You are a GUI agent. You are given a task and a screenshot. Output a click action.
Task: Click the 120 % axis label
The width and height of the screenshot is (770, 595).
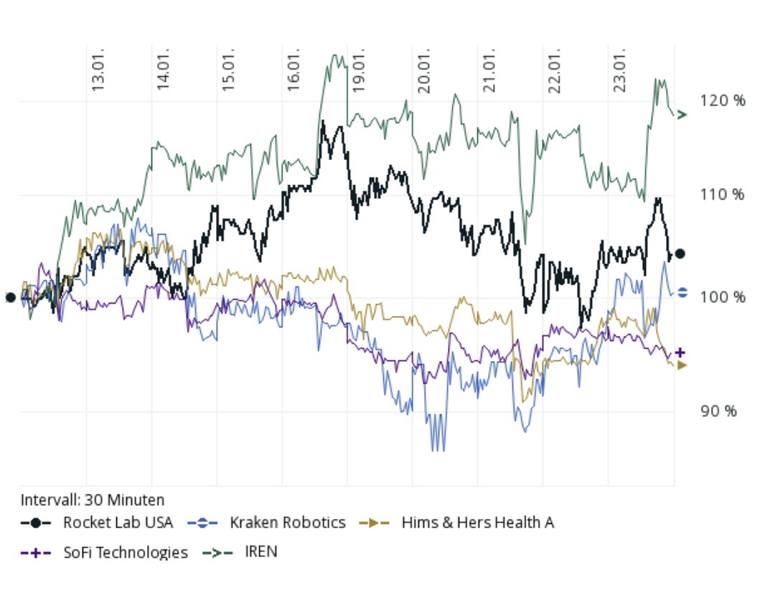click(722, 100)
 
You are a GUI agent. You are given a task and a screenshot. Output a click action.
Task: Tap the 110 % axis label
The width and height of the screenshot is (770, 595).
click(722, 195)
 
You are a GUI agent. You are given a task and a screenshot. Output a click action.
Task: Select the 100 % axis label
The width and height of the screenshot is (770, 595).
click(722, 297)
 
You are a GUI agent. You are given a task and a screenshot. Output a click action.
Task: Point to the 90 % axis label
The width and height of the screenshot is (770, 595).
click(718, 411)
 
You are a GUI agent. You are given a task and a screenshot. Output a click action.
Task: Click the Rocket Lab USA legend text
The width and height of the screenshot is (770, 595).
click(118, 523)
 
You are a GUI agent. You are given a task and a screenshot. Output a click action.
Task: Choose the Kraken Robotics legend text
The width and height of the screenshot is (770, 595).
click(287, 523)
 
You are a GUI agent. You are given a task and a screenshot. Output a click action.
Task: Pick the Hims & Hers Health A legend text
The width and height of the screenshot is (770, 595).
click(477, 523)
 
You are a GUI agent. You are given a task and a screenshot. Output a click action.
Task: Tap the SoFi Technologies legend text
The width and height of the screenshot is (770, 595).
click(126, 552)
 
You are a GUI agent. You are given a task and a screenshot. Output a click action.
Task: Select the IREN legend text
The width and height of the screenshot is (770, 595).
click(261, 552)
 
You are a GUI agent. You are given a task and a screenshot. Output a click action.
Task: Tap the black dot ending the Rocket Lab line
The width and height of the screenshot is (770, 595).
click(680, 253)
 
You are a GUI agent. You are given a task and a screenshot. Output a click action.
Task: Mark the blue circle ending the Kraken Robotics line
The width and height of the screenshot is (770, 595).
click(682, 292)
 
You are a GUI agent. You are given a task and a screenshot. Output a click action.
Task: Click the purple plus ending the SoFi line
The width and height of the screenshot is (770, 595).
click(680, 352)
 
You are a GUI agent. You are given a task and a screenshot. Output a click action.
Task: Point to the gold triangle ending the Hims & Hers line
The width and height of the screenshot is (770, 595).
click(681, 365)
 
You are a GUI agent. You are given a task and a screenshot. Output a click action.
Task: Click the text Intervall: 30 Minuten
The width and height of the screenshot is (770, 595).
click(93, 500)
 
